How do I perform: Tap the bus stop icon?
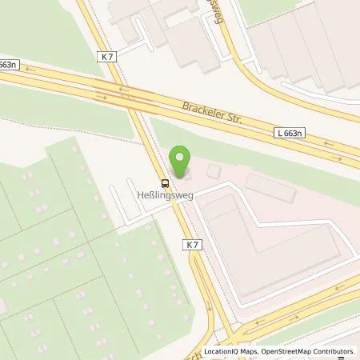pyautogui.click(x=165, y=182)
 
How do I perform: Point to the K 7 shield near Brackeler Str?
pyautogui.click(x=109, y=57)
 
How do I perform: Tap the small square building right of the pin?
pyautogui.click(x=213, y=171)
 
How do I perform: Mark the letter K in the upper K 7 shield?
pyautogui.click(x=105, y=57)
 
